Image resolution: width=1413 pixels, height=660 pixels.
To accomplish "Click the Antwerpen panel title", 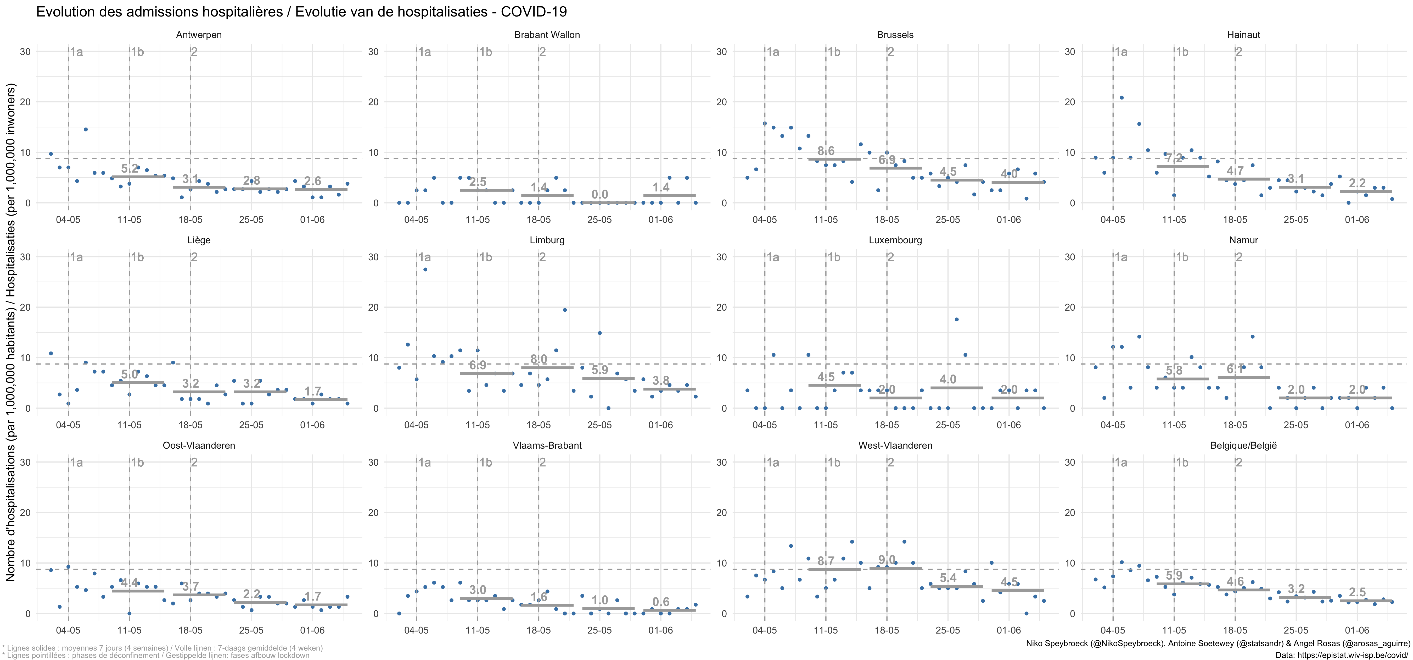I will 199,35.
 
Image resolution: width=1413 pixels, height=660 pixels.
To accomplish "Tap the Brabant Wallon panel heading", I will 547,35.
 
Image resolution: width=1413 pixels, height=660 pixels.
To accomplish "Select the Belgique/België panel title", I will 1243,445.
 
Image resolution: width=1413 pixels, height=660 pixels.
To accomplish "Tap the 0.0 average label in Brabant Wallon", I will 599,194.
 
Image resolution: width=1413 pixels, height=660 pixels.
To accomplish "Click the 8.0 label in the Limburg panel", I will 539,359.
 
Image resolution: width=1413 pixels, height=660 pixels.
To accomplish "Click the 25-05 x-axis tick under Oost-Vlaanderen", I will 251,630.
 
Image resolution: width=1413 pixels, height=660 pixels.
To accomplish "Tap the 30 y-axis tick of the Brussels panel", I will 722,52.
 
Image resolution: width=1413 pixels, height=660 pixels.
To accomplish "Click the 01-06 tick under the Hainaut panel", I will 1356,220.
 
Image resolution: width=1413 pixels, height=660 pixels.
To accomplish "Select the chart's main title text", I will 301,12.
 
